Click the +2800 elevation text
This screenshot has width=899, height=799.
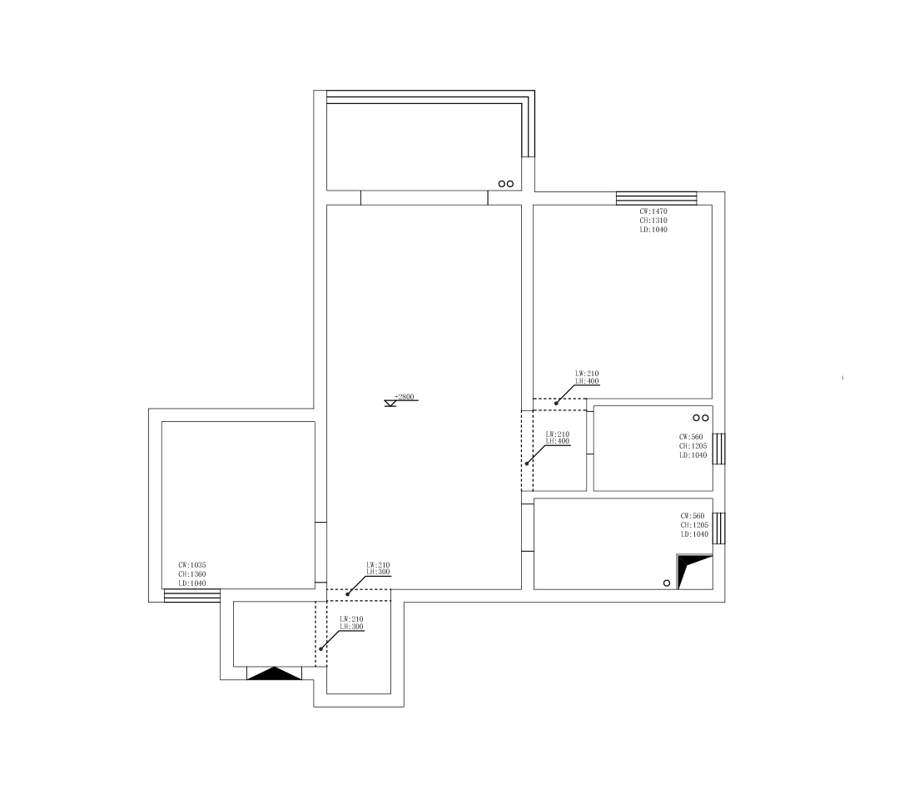pos(405,397)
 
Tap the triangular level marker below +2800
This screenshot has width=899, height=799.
pos(390,404)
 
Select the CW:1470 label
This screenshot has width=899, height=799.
pos(653,211)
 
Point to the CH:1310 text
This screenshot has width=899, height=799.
pos(653,221)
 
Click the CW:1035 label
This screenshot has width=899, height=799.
pos(192,565)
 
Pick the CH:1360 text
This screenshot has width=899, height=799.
pos(192,574)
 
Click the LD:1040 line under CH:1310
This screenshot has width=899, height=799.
pos(653,230)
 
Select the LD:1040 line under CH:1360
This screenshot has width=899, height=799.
pos(192,583)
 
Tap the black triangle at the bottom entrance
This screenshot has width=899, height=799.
pos(274,674)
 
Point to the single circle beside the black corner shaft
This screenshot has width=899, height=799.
pos(667,583)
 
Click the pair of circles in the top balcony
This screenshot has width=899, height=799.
pos(506,184)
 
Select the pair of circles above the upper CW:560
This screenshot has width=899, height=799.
pos(701,418)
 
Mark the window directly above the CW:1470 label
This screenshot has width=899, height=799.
pos(657,198)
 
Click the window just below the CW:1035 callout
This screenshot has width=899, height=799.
pos(192,596)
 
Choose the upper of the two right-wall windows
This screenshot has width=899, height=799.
pos(719,449)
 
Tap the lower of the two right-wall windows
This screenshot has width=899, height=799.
pos(719,528)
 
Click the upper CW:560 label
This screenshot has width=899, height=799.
pos(691,437)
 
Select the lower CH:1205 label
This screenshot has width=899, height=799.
pos(694,525)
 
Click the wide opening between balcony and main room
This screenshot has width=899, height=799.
pos(425,198)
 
